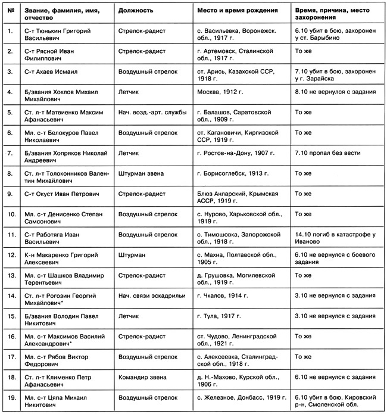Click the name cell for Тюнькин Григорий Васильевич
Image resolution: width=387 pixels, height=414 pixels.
[x=60, y=33]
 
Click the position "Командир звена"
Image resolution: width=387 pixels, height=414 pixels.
[x=142, y=377]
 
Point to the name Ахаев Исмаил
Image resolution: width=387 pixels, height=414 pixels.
[x=53, y=71]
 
